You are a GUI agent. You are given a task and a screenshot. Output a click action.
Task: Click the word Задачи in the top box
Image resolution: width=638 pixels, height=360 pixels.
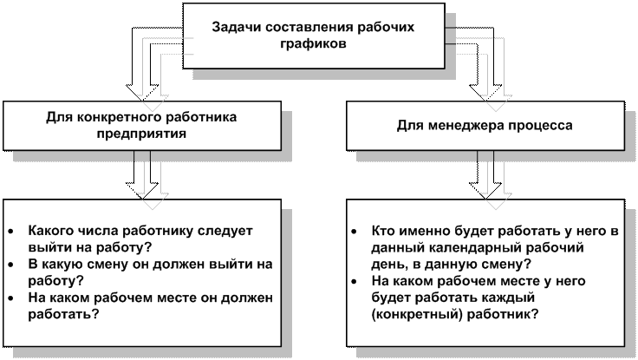(234, 28)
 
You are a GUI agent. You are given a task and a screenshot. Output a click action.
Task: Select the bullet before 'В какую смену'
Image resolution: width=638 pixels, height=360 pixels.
(10, 265)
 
